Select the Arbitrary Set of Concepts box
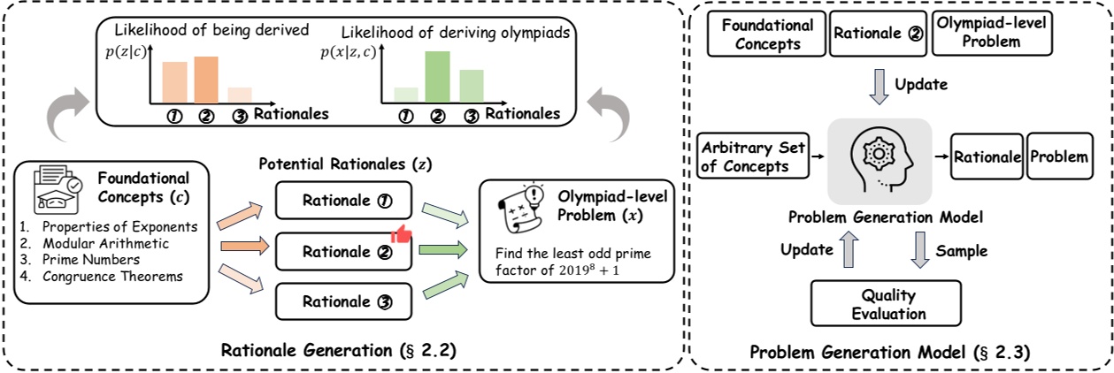pyautogui.click(x=752, y=157)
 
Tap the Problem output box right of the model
pyautogui.click(x=1058, y=157)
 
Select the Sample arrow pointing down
pyautogui.click(x=919, y=251)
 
